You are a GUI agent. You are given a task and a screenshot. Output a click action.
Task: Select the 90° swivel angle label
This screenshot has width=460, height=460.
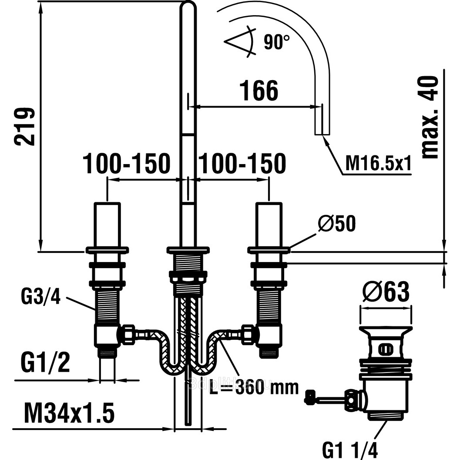pyautogui.click(x=276, y=43)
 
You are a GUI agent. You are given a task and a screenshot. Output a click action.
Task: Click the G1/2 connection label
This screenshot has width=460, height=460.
pyautogui.click(x=45, y=363)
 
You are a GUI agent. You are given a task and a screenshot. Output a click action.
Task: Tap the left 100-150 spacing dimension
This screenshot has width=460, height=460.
pyautogui.click(x=126, y=164)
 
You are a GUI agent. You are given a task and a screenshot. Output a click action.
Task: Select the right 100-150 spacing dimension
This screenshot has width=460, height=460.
pyautogui.click(x=242, y=164)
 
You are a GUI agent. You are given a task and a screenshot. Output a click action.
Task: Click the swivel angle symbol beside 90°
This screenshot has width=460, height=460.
pyautogui.click(x=240, y=42)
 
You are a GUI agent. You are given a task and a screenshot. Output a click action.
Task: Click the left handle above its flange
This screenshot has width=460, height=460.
pyautogui.click(x=107, y=224)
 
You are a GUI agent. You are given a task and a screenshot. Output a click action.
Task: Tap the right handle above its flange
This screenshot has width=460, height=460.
pyautogui.click(x=268, y=224)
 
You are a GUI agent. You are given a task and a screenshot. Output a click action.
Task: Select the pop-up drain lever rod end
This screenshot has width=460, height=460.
pyautogui.click(x=310, y=397)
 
